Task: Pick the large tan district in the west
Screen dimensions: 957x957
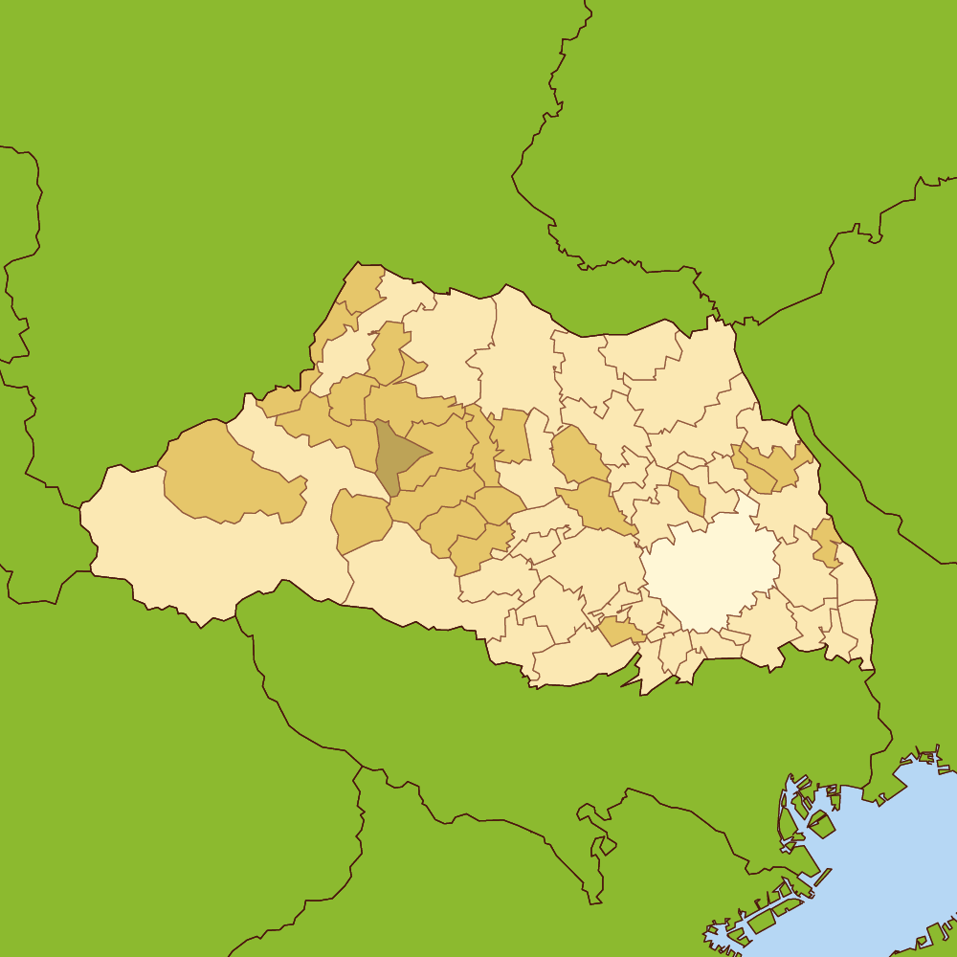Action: click(x=225, y=474)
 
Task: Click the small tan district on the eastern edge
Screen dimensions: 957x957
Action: click(x=825, y=544)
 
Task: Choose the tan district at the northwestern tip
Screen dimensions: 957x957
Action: click(x=361, y=286)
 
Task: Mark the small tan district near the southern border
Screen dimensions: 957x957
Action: click(x=621, y=632)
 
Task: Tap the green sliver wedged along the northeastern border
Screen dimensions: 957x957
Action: click(x=802, y=421)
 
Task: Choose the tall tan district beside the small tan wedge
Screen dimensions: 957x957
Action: click(x=386, y=352)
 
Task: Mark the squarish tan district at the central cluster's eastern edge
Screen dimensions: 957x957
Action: click(x=512, y=435)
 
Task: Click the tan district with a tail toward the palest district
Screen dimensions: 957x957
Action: click(x=595, y=502)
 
